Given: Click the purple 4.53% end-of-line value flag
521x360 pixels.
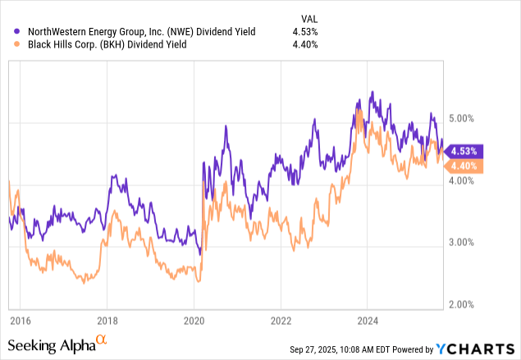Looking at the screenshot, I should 464,151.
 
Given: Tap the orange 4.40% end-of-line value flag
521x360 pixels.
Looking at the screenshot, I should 464,166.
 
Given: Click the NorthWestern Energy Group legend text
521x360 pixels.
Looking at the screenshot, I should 140,32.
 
